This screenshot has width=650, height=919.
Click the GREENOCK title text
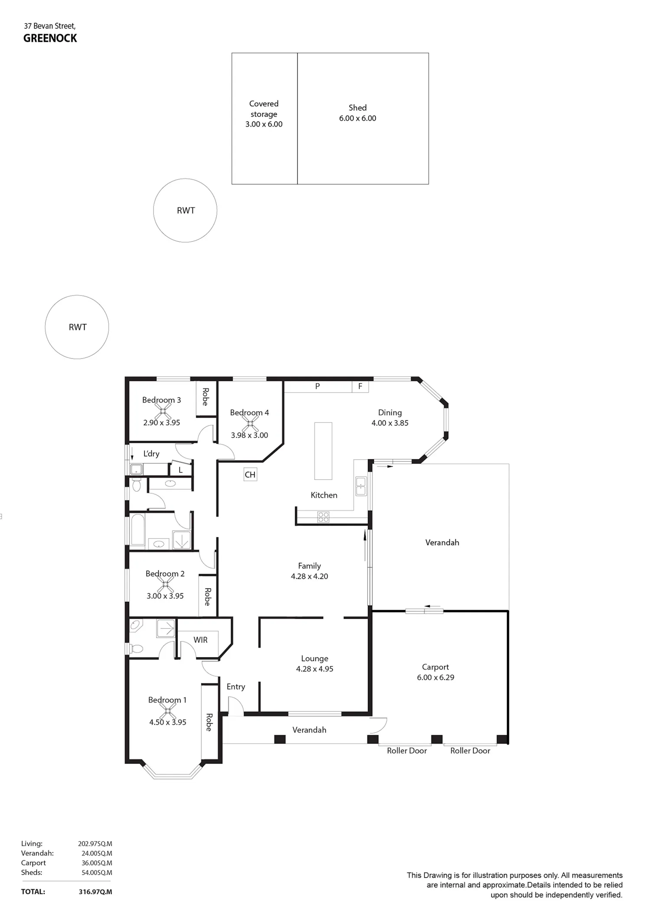pos(50,38)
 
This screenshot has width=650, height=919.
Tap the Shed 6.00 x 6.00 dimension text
pos(357,118)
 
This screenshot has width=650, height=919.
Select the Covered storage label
pos(263,109)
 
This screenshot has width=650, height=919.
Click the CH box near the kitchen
pos(250,474)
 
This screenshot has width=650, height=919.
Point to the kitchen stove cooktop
pos(323,517)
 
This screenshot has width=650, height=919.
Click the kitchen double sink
pos(361,486)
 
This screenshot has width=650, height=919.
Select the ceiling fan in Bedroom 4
pos(250,423)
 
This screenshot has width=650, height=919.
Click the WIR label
pos(200,640)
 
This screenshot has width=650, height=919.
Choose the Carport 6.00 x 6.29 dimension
pos(435,678)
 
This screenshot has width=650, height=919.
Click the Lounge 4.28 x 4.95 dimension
pos(315,669)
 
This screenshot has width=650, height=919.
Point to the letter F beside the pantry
pos(360,386)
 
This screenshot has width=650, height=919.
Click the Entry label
pos(236,687)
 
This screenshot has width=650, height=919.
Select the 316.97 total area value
pos(95,892)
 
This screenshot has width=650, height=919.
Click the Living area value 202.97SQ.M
pos(95,844)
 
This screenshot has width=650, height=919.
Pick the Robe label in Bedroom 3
pos(205,396)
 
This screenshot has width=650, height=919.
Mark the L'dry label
pos(151,454)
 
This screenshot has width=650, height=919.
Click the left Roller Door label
pos(407,751)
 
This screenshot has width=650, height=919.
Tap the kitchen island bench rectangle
pos(323,451)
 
